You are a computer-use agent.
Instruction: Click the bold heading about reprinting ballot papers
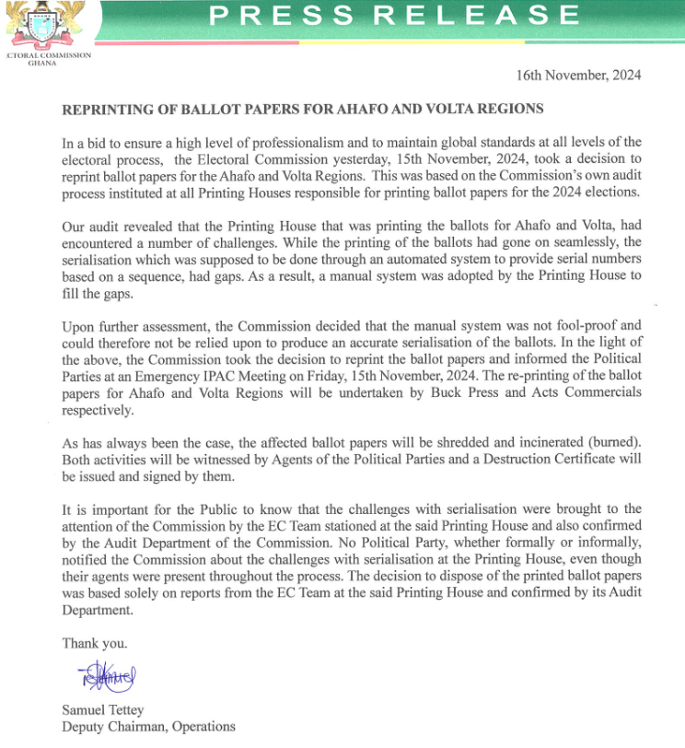pos(302,109)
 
